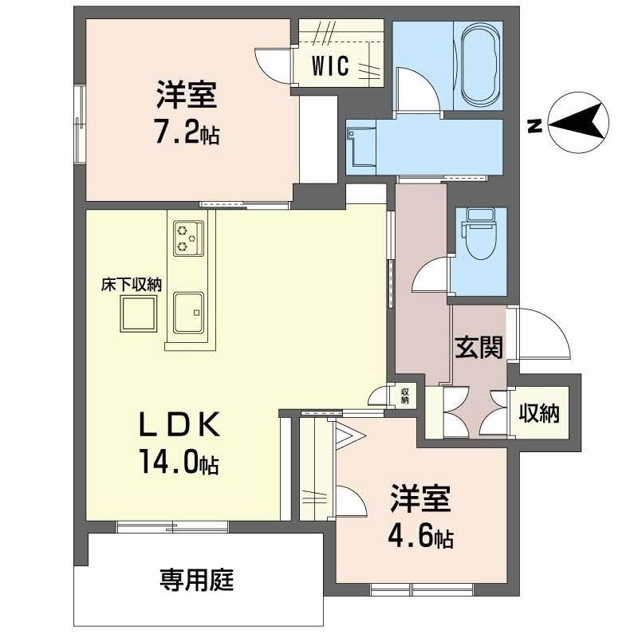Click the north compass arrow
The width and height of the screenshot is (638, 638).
577,124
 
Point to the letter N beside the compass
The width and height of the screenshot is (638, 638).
535,125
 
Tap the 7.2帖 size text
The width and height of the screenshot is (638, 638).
185,133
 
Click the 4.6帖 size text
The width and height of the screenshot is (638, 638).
420,538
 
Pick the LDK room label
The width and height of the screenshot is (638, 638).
180,427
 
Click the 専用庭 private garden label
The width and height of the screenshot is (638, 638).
196,580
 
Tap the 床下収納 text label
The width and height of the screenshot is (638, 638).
131,284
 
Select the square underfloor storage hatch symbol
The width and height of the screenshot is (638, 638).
138,313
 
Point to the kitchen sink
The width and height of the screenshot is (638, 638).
188,312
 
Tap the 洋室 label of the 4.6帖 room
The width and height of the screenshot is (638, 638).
420,500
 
